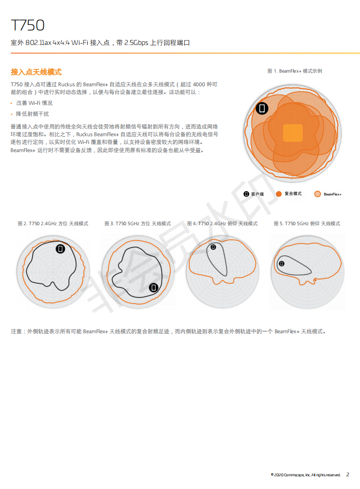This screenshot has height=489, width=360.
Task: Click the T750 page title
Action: tap(28, 25)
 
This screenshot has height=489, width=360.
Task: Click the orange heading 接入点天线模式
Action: tap(36, 72)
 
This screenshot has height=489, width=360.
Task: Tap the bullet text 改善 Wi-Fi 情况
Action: tap(35, 103)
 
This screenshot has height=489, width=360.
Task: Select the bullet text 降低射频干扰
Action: tap(32, 114)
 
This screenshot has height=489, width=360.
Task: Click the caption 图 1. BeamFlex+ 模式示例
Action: tap(295, 71)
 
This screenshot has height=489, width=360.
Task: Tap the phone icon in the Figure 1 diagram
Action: tap(262, 108)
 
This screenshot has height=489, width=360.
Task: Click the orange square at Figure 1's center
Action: tap(293, 133)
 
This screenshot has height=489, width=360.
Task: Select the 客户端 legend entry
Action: tap(253, 194)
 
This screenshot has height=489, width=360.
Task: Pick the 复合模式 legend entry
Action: tap(289, 194)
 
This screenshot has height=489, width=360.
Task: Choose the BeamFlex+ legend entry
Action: tap(328, 194)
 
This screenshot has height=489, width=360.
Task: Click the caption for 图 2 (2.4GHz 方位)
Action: tap(53, 223)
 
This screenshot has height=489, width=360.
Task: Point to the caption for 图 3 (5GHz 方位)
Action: tap(138, 223)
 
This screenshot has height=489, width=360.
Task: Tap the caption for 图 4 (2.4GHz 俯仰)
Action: tap(222, 223)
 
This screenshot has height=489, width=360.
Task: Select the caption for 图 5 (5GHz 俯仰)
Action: tap(307, 223)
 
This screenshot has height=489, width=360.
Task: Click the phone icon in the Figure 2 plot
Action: tap(60, 248)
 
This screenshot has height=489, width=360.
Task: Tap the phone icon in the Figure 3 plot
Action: tap(153, 287)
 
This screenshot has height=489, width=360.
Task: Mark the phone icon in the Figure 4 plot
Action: tap(213, 247)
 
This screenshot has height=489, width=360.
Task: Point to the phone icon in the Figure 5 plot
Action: tap(281, 263)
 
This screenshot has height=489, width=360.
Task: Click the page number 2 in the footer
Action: tap(348, 474)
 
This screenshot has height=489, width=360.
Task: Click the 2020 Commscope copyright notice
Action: tap(306, 474)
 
